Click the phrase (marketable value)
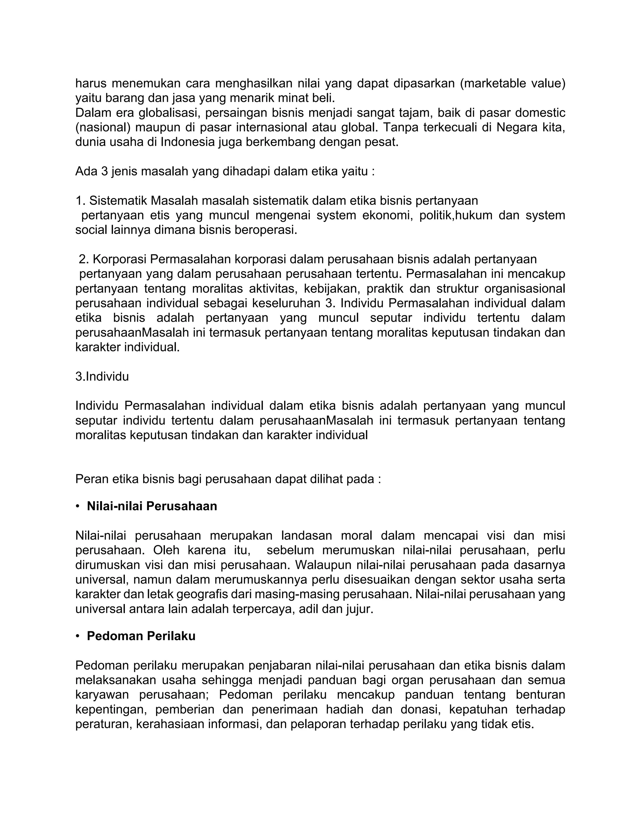[513, 83]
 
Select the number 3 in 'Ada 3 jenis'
[105, 171]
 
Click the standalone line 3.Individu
[102, 377]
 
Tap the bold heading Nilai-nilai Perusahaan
[152, 506]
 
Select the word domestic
[541, 113]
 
